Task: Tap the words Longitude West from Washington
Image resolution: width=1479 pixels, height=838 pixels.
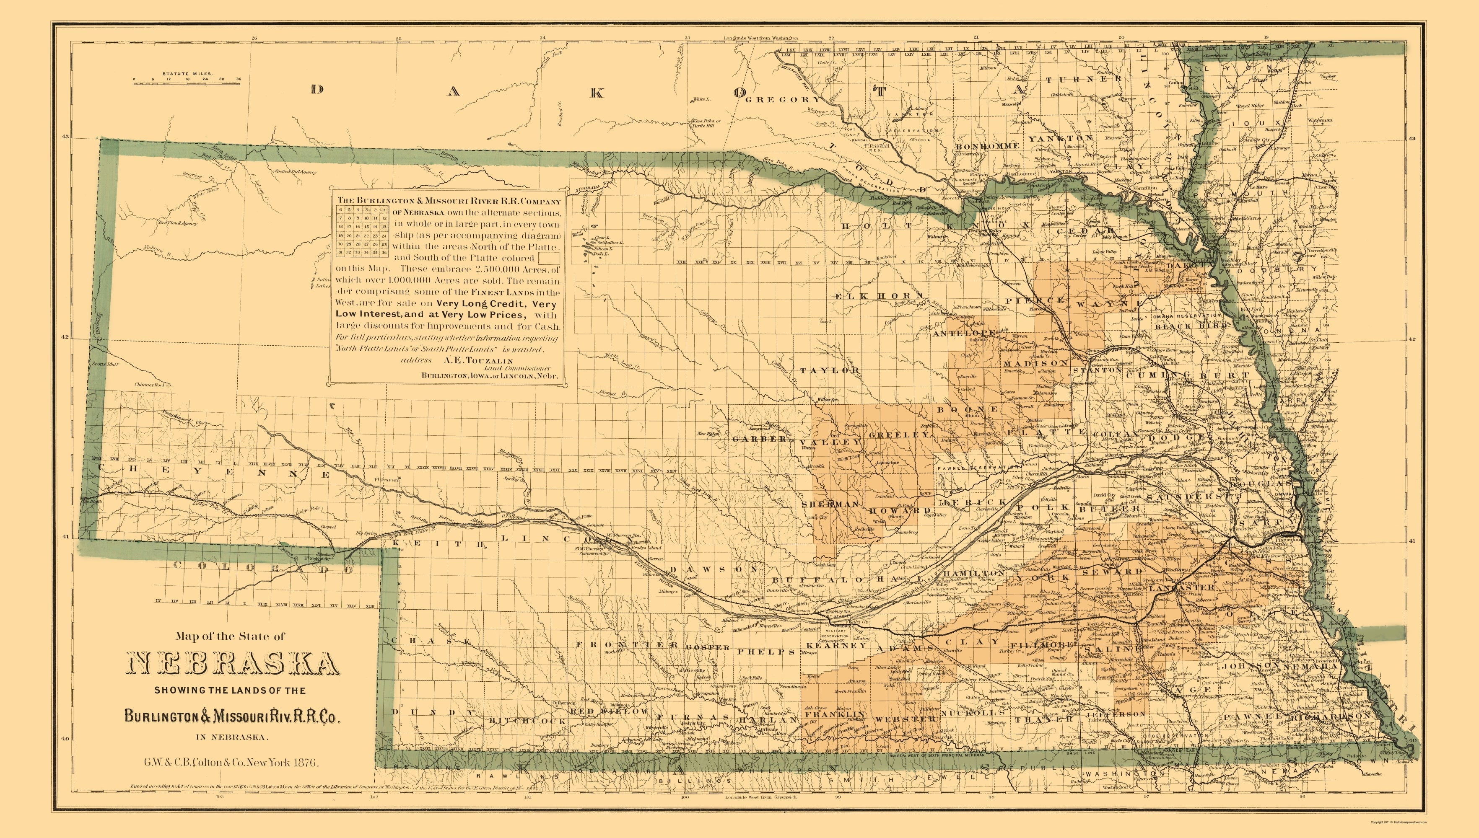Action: pyautogui.click(x=760, y=39)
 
